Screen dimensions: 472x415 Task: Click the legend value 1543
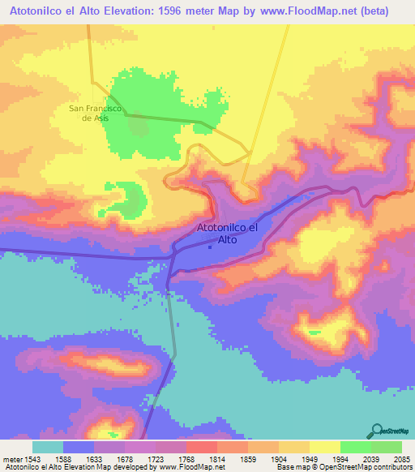click(31, 459)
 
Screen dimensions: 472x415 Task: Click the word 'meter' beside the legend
click(11, 459)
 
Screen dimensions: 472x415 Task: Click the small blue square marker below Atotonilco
click(211, 247)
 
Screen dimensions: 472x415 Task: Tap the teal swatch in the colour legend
click(47, 447)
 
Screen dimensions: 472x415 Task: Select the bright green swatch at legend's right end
click(387, 447)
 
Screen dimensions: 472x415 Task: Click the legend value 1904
click(267, 459)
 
